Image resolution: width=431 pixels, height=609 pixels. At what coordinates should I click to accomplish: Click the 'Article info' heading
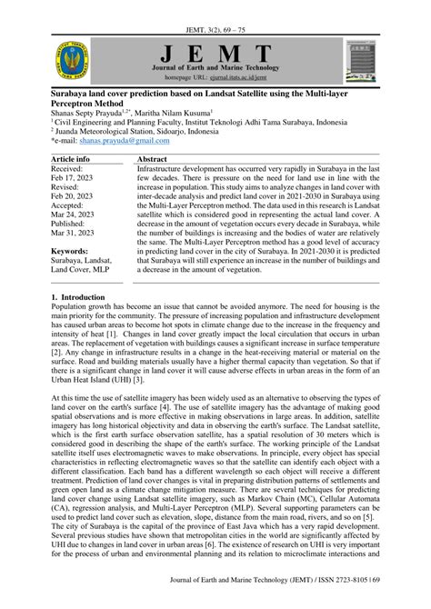tap(71, 159)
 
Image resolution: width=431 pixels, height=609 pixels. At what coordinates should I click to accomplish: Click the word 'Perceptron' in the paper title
tap(77, 102)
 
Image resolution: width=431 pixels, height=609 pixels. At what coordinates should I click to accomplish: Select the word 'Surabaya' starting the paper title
tap(75, 91)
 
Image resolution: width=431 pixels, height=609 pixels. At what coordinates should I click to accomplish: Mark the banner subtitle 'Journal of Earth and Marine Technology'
tap(215, 68)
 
